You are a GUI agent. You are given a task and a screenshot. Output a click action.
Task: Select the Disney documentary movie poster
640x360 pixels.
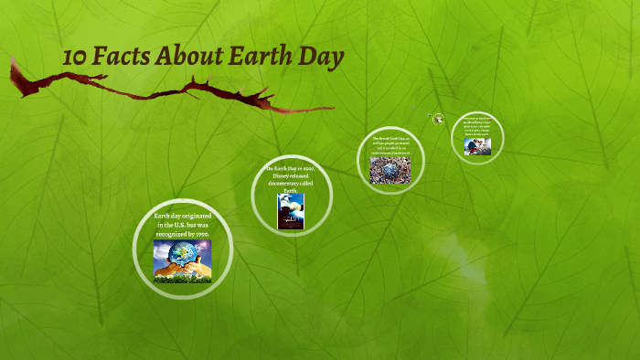point(291,211)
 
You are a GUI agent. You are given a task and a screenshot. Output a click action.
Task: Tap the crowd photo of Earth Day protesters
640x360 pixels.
point(390,170)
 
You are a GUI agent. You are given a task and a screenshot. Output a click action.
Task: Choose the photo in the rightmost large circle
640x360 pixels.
point(477,146)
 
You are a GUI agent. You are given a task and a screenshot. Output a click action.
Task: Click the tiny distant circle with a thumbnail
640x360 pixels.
point(439,118)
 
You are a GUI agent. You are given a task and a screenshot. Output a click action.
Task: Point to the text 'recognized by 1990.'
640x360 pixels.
point(183,234)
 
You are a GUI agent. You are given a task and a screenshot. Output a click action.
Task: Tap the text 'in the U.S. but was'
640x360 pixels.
point(183,224)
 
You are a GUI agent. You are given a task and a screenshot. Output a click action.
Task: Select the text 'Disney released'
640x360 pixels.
point(291,176)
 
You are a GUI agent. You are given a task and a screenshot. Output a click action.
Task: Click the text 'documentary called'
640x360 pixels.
point(291,184)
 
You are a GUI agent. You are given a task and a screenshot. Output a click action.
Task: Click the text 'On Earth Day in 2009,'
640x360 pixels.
point(291,169)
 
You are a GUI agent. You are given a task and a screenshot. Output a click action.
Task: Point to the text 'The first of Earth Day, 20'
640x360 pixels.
point(390,139)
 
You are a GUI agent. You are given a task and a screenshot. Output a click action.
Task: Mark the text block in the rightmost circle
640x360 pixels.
point(477,127)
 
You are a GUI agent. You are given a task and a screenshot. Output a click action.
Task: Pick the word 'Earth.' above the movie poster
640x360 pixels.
point(291,191)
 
